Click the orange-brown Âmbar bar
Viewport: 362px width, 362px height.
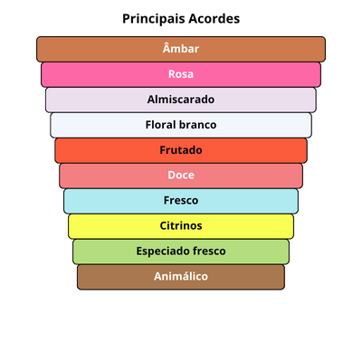pos(181,49)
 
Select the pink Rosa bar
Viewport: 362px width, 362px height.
pos(181,74)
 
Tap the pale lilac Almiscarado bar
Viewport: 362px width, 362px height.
pos(181,100)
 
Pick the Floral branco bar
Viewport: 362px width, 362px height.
pos(181,125)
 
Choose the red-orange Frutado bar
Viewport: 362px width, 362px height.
pos(181,150)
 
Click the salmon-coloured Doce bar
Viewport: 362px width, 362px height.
pos(181,176)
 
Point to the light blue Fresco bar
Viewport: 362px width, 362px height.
pos(181,201)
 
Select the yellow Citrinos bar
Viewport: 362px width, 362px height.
pos(181,226)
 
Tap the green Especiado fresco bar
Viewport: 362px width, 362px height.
pos(181,252)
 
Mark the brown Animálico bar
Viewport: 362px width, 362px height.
pos(181,277)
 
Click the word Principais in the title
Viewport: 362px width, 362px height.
pos(153,19)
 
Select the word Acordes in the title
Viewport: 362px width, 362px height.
pos(214,19)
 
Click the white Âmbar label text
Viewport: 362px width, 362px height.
pos(181,48)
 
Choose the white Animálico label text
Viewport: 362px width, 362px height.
pos(181,276)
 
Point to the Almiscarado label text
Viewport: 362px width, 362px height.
pos(181,100)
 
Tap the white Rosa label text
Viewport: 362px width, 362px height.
pos(181,74)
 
